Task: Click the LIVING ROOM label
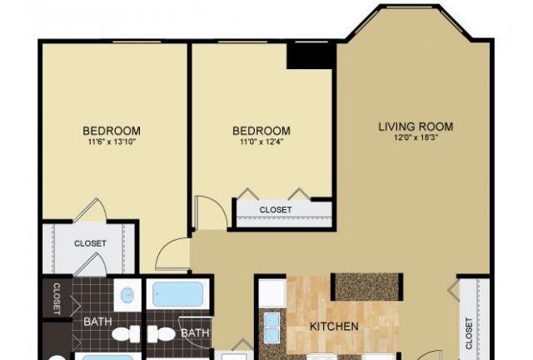[416, 127]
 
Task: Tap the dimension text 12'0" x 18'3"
[416, 137]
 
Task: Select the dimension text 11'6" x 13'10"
[112, 142]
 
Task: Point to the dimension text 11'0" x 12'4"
[262, 142]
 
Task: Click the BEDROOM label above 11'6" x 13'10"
[112, 131]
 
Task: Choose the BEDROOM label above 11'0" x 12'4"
[262, 131]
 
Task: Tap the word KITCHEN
[334, 327]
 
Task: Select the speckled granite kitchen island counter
[366, 287]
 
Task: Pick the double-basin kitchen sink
[272, 325]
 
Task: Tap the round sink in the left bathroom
[127, 295]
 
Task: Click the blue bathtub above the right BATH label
[178, 293]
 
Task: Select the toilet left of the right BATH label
[161, 334]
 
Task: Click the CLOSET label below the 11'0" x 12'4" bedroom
[276, 210]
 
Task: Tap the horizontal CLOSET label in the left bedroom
[90, 243]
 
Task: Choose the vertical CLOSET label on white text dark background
[57, 299]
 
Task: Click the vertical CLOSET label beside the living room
[469, 333]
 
